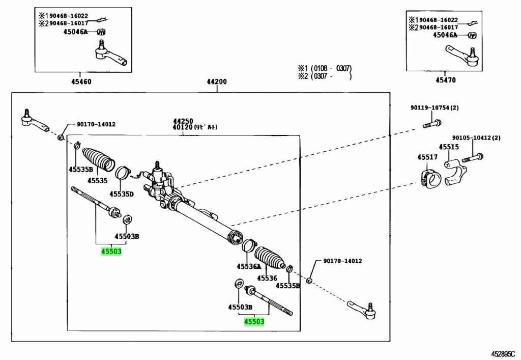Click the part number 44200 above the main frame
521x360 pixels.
pyautogui.click(x=217, y=82)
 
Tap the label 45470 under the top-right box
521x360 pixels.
pyautogui.click(x=446, y=80)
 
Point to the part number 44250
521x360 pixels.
pyautogui.click(x=183, y=121)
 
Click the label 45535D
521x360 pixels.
pyautogui.click(x=121, y=194)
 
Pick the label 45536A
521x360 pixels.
pyautogui.click(x=248, y=266)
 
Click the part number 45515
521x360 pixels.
pyautogui.click(x=449, y=147)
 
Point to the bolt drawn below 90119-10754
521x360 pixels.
pyautogui.click(x=431, y=123)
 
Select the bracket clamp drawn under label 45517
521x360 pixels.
pyautogui.click(x=429, y=180)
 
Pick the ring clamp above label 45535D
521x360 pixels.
pyautogui.click(x=123, y=173)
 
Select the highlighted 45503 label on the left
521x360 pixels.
pyautogui.click(x=111, y=251)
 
